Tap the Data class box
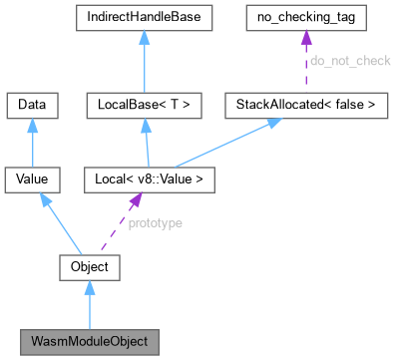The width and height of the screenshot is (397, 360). coord(33,104)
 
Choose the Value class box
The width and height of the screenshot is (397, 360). coord(33,180)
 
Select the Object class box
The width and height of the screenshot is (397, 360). coord(90,267)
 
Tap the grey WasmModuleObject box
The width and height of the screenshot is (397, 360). coord(90,342)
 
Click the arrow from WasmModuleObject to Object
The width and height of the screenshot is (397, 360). coord(90,305)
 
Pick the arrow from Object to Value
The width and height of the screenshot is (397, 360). coord(62,223)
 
